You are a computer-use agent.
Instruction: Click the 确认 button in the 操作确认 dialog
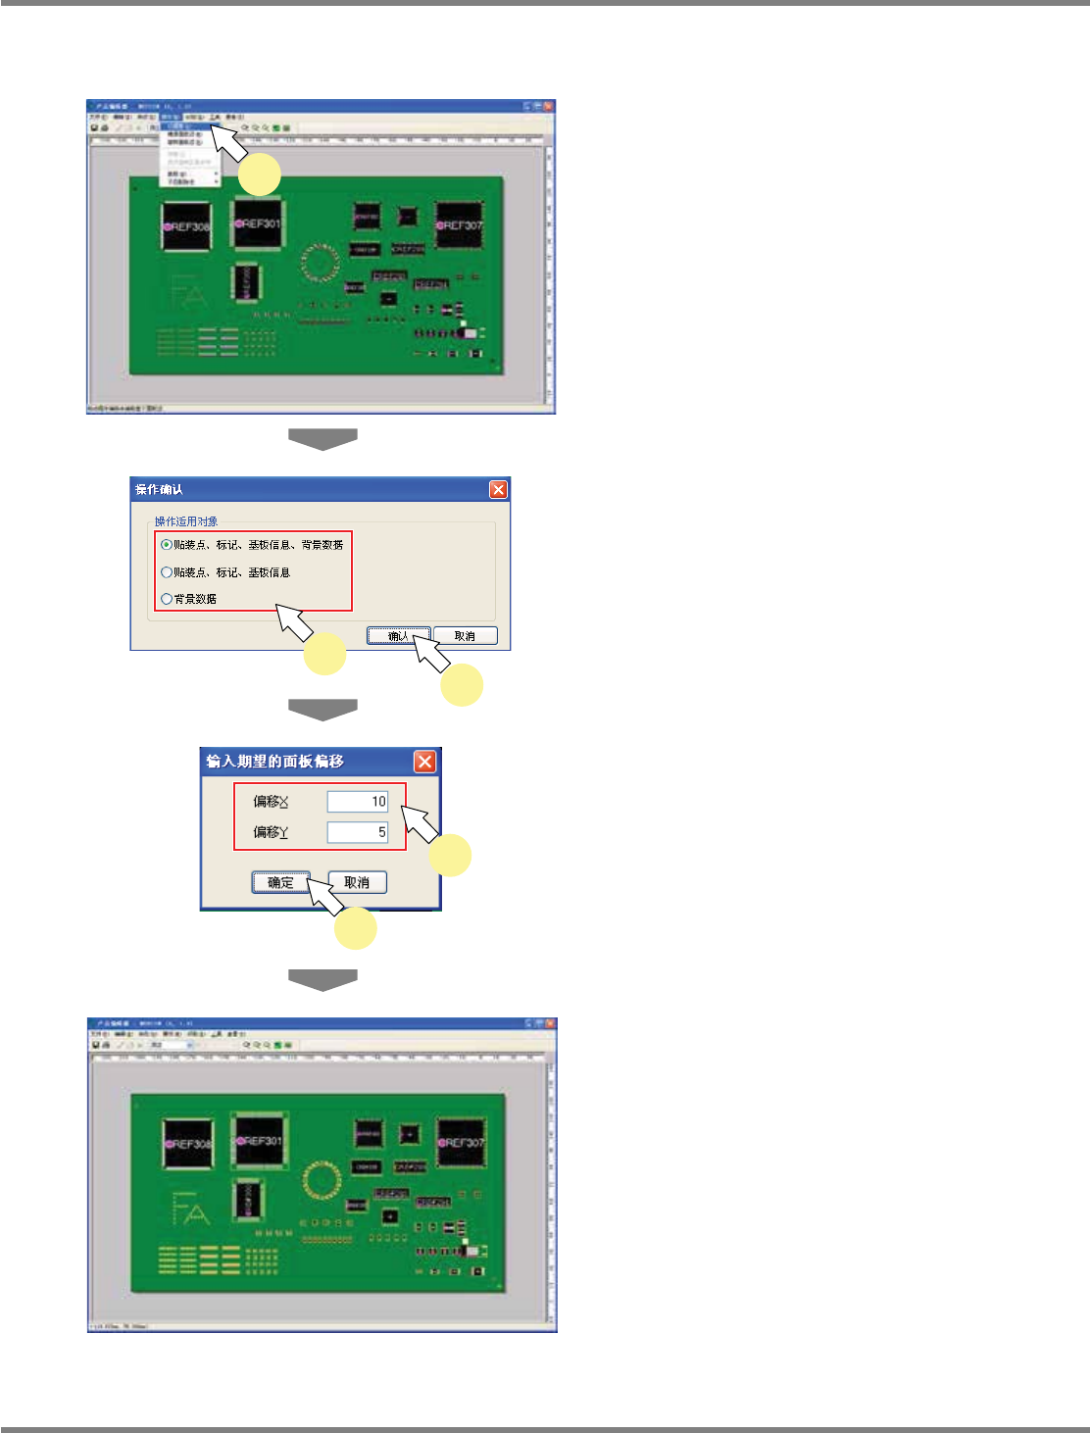coord(397,636)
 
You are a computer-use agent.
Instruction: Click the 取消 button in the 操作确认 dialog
coord(466,636)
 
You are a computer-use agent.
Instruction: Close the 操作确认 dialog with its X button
coord(498,489)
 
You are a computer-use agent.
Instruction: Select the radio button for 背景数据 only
coord(167,599)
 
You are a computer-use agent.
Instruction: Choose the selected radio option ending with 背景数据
coord(167,545)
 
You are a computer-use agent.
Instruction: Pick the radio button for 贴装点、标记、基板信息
coord(167,572)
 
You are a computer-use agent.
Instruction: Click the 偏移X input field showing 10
coord(358,802)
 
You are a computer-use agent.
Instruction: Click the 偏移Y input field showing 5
coord(358,832)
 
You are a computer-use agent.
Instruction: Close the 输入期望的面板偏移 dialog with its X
coord(424,762)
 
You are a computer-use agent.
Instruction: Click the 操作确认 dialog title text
coord(160,489)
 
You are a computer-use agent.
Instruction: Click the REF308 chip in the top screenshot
coord(186,226)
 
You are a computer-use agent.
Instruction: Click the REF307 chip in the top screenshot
coord(460,225)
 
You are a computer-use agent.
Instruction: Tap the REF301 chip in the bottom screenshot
coord(259,1141)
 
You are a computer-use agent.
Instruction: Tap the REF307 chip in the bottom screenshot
coord(461,1143)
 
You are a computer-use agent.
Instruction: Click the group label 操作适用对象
coord(186,521)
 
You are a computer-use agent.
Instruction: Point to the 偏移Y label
coord(271,832)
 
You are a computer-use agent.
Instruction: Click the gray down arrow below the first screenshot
coord(322,439)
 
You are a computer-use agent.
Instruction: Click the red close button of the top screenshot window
coord(549,105)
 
